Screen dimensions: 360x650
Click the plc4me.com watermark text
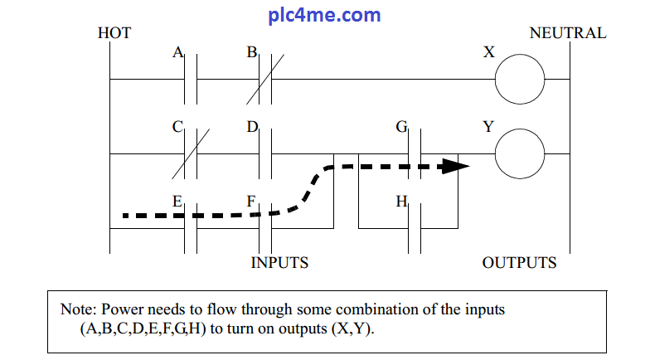click(x=325, y=14)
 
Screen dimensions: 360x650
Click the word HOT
click(x=114, y=34)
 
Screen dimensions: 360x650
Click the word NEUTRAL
click(x=567, y=34)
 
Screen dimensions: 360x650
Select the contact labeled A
click(x=191, y=80)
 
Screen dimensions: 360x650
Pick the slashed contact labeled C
click(x=191, y=153)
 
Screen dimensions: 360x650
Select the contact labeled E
click(x=191, y=227)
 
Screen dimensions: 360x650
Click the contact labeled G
click(x=415, y=153)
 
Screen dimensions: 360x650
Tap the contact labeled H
click(x=415, y=227)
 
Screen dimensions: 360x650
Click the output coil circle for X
click(x=520, y=80)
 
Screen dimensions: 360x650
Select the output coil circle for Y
click(x=520, y=153)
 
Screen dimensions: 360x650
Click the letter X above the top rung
click(x=489, y=52)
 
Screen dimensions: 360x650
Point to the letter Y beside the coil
click(x=488, y=127)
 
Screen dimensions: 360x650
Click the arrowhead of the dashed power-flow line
click(x=449, y=166)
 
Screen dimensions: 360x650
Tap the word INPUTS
click(x=279, y=263)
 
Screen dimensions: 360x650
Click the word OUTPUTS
click(x=520, y=263)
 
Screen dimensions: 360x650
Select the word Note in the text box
click(x=78, y=309)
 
